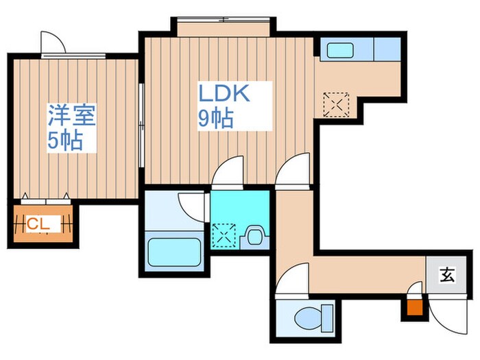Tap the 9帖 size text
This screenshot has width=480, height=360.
(215, 119)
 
